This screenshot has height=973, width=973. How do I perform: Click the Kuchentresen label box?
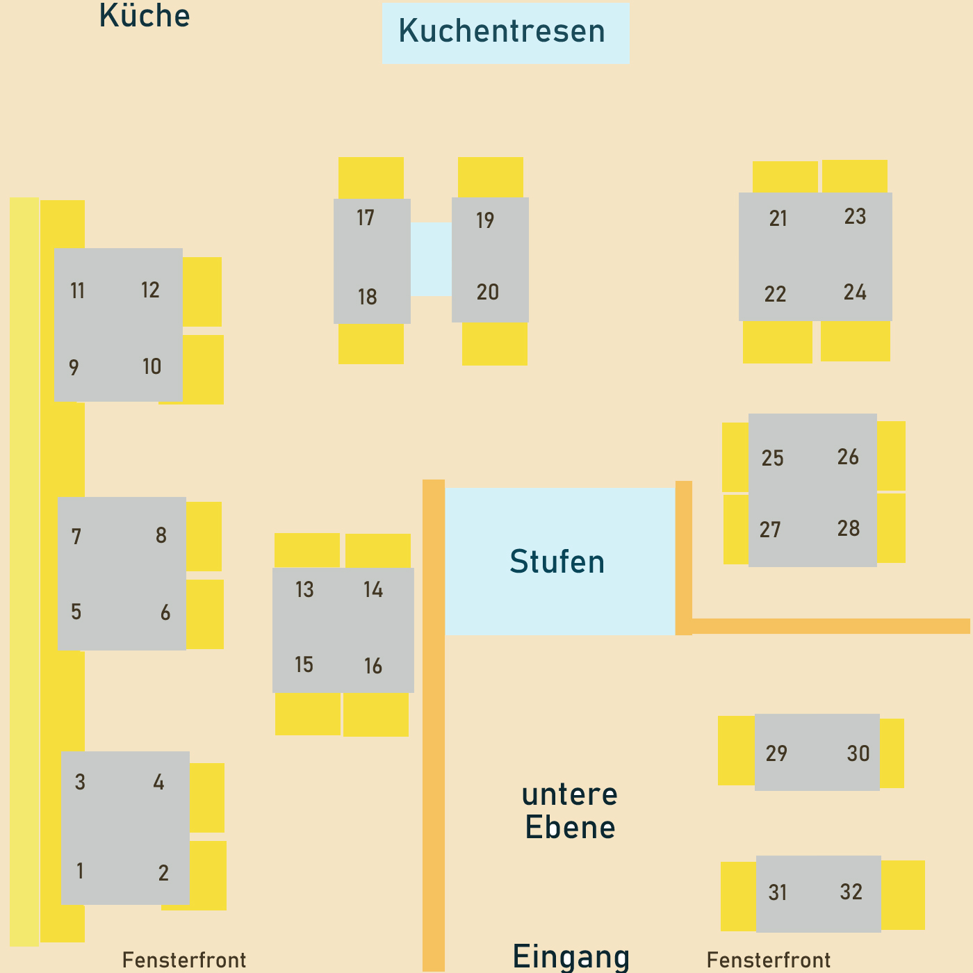point(505,33)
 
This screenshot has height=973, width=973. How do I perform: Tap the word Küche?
point(145,15)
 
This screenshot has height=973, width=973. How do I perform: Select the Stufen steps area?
point(559,562)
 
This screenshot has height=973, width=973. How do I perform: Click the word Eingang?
point(571,957)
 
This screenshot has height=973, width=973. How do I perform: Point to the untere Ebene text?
point(569,811)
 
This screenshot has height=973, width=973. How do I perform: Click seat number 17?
point(366,218)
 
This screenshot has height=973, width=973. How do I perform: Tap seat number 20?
point(488,293)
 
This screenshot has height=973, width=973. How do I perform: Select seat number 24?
point(855,293)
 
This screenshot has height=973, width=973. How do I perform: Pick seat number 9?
point(74,368)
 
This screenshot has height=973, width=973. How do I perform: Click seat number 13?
point(304,590)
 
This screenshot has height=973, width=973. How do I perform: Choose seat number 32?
point(851,892)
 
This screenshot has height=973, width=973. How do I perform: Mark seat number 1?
point(80,871)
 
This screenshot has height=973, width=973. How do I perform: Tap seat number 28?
point(849,529)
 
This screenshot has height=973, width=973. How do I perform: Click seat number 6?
point(165,613)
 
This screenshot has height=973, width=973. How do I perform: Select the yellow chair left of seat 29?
point(735,751)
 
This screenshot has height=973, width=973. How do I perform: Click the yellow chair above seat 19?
point(490,177)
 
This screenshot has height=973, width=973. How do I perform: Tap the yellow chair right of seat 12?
point(202,292)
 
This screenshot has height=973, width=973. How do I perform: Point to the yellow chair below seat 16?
point(376,715)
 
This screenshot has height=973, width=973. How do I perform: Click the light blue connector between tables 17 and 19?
point(431,259)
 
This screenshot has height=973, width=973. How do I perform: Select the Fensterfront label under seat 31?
point(769,960)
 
